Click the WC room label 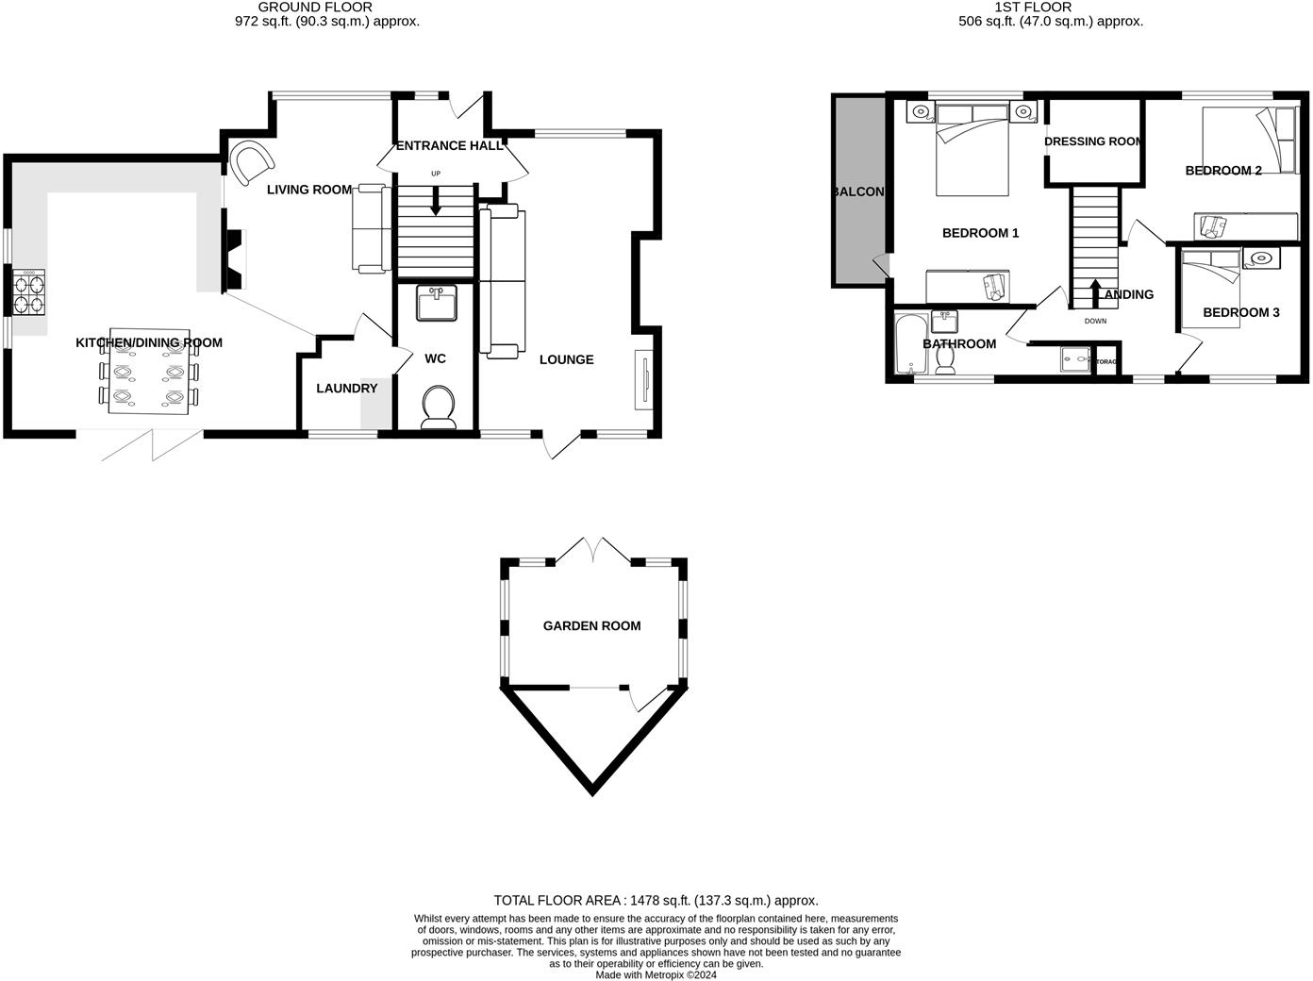click(435, 359)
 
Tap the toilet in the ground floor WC click(438, 407)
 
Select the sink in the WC click(437, 303)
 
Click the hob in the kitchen click(28, 291)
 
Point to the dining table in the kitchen click(150, 374)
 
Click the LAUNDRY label click(346, 389)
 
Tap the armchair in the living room click(252, 163)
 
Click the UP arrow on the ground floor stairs click(435, 201)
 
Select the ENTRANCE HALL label click(450, 146)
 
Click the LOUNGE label click(566, 359)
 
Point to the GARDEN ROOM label click(591, 625)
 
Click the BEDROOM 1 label click(980, 233)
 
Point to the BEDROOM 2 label click(1223, 171)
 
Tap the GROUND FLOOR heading click(315, 7)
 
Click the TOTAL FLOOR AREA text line click(656, 901)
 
